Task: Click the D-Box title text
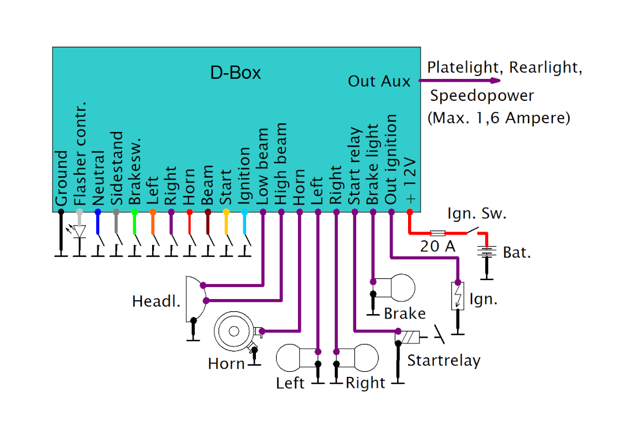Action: (x=235, y=73)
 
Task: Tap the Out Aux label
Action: (x=379, y=81)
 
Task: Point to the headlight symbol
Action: (x=195, y=299)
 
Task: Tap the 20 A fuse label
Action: (x=437, y=247)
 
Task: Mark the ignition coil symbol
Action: (x=458, y=296)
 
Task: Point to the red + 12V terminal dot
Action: (x=410, y=212)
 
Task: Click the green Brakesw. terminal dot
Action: (x=134, y=212)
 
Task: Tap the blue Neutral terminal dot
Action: (x=97, y=212)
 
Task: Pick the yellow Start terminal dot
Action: (x=226, y=212)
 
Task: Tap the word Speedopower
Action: (x=482, y=95)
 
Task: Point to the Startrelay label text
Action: (x=443, y=361)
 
